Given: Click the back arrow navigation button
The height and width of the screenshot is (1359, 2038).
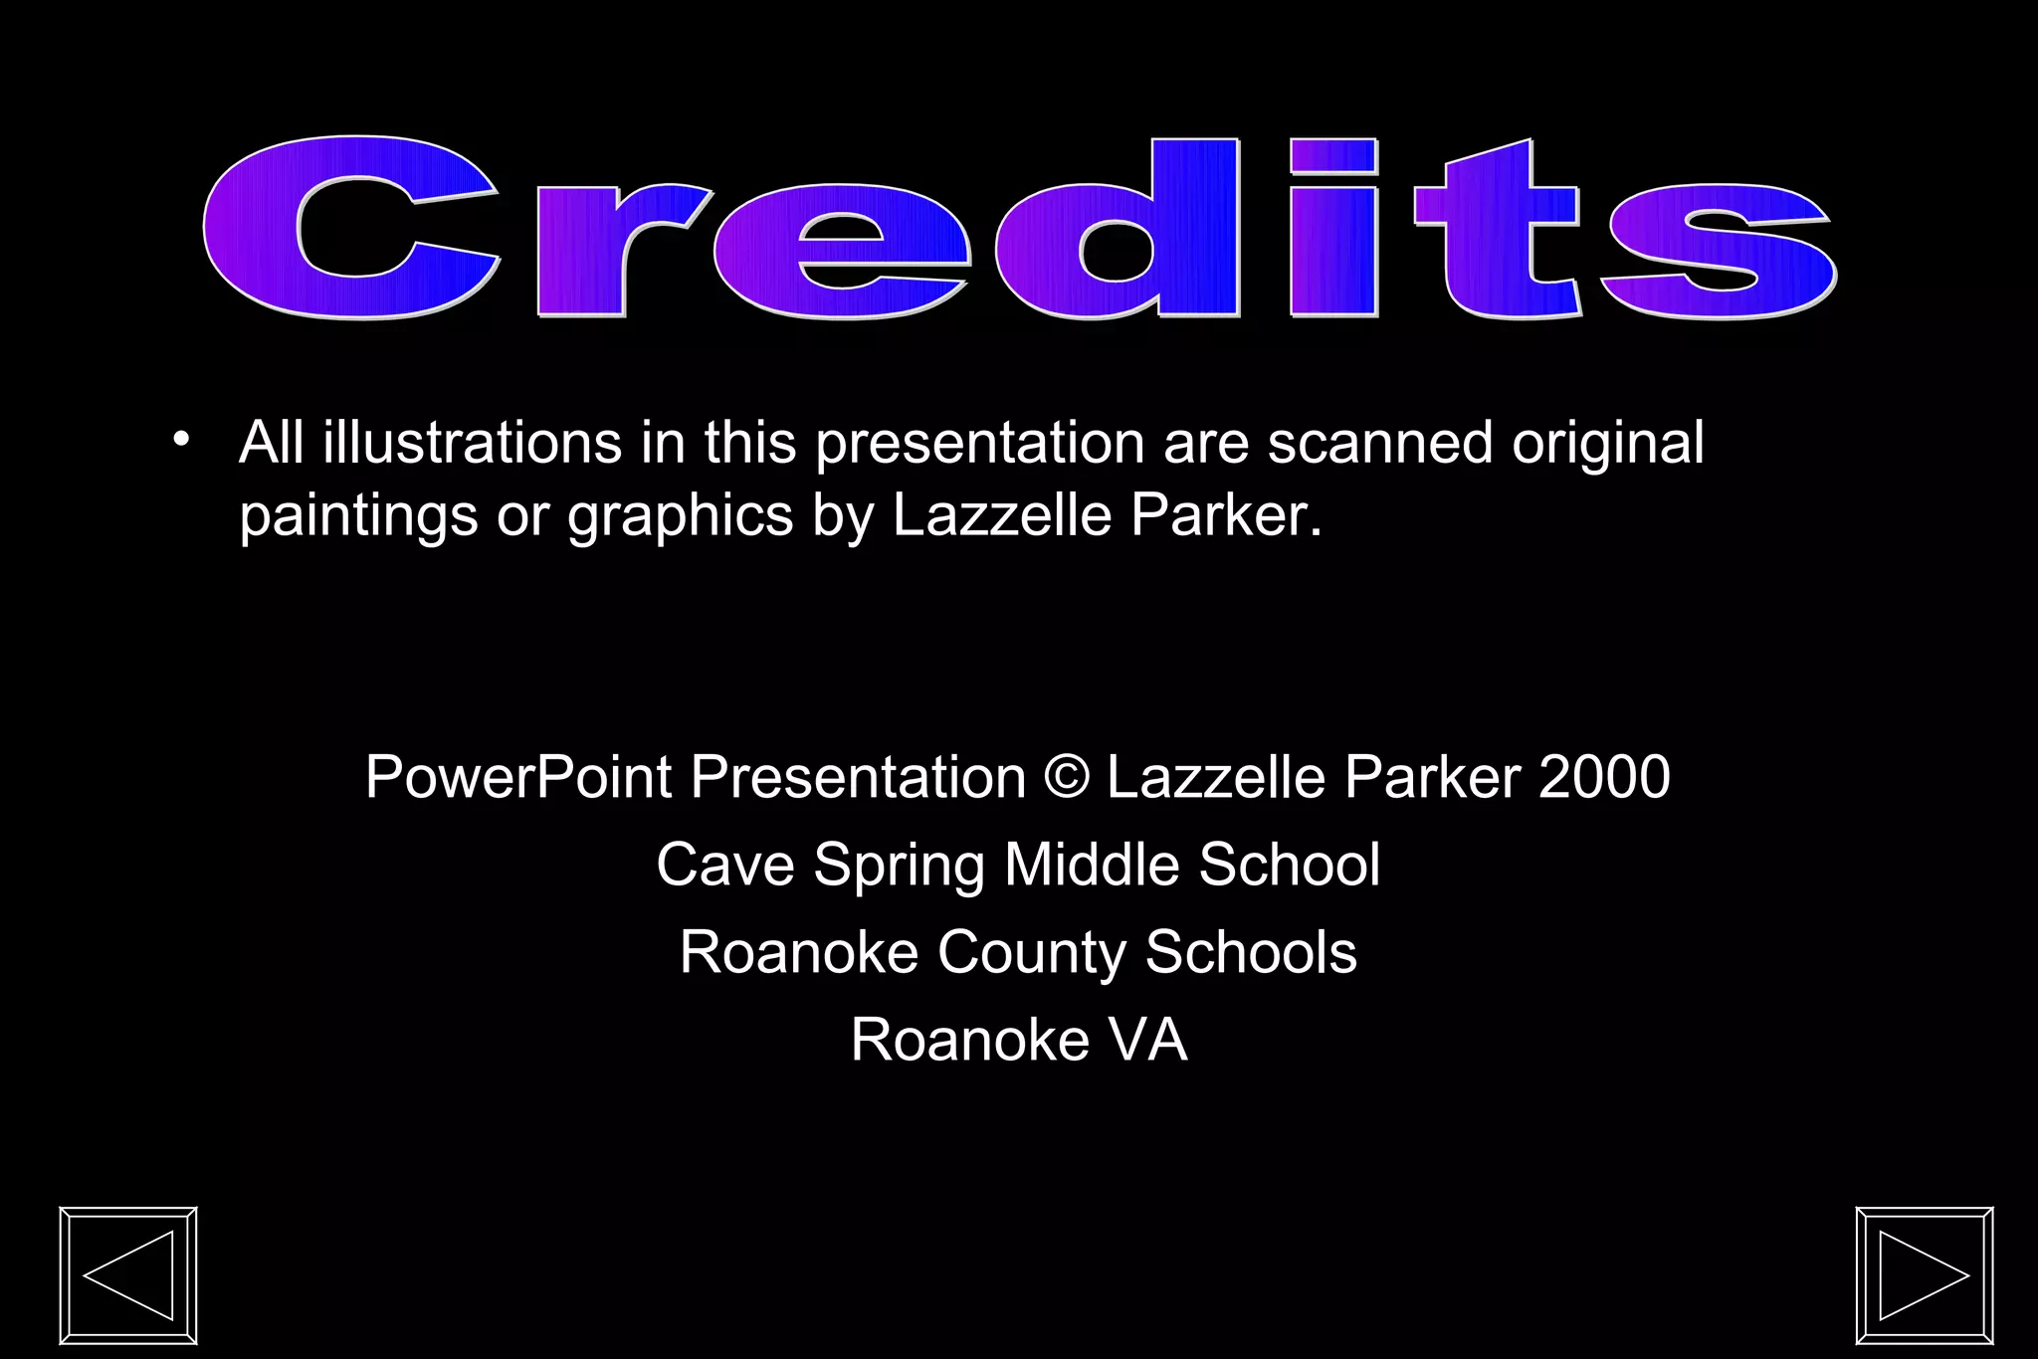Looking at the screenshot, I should click(x=128, y=1275).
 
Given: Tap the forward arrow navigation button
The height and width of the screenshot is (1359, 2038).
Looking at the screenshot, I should click(x=1925, y=1275).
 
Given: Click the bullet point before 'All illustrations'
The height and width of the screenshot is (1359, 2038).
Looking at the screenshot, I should click(x=180, y=439).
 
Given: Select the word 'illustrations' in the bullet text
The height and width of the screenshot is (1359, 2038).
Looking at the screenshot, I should click(x=472, y=444).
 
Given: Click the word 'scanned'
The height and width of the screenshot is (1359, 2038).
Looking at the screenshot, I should click(x=1380, y=444).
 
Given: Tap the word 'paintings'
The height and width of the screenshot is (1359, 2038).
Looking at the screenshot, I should click(x=358, y=517).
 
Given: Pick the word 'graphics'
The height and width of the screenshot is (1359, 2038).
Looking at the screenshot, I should click(x=681, y=517).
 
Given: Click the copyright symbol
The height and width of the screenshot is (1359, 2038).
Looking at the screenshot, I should click(x=1067, y=777).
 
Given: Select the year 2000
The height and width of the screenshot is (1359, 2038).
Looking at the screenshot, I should click(x=1604, y=777).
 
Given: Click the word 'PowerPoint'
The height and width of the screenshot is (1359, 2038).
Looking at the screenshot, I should click(x=518, y=777).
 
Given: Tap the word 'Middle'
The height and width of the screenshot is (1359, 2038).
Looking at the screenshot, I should click(x=1092, y=865).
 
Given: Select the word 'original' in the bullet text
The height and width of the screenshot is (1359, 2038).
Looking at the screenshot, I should click(x=1607, y=444).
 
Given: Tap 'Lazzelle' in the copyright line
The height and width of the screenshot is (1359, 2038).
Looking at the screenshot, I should click(x=1215, y=777).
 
